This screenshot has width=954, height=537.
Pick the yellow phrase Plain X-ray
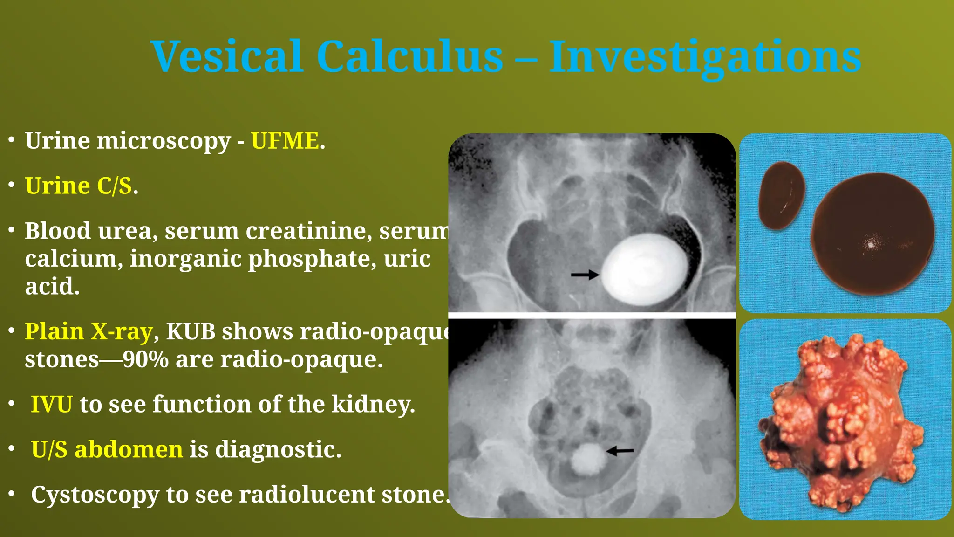pos(89,332)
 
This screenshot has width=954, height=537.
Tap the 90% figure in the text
pos(146,359)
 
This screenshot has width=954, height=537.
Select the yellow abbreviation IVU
pos(51,404)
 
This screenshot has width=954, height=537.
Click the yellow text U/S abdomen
pos(107,449)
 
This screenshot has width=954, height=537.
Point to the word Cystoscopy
pos(95,495)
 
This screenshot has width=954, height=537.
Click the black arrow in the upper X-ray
pos(585,275)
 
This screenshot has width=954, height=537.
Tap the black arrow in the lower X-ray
pos(620,450)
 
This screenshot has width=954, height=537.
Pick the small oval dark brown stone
pos(781,195)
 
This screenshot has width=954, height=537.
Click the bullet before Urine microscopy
pos(12,140)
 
